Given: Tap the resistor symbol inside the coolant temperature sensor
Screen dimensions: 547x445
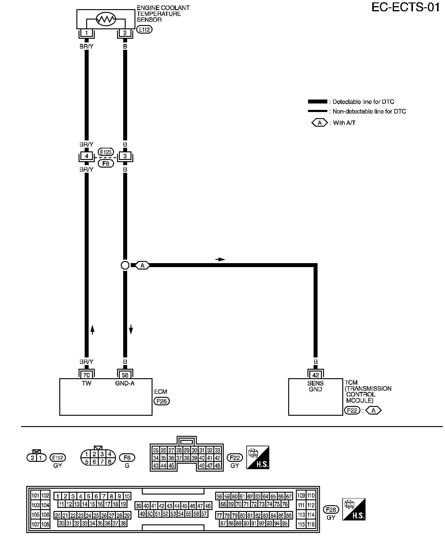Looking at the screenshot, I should [106, 20].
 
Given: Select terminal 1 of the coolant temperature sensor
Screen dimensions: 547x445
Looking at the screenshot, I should [86, 33].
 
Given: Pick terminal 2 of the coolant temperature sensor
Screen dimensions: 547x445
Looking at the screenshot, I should [125, 33].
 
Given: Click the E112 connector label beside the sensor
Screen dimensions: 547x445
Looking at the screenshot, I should [145, 30].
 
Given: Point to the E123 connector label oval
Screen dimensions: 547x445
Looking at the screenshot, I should [106, 152].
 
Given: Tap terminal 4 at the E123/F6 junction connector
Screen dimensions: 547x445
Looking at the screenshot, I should [87, 156].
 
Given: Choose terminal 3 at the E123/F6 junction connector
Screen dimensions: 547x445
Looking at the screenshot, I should [125, 156].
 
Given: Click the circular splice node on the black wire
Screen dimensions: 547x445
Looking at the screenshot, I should [125, 265].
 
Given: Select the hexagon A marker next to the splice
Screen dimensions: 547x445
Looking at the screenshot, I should [142, 266].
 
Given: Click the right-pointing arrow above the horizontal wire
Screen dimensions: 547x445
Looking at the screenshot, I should [220, 259].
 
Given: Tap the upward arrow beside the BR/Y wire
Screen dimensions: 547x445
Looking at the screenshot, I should [93, 330].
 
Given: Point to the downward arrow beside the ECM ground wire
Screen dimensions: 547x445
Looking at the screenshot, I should [131, 330].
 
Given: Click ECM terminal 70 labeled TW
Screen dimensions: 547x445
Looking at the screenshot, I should [86, 375].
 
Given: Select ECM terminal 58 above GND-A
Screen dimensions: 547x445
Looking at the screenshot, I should [125, 375].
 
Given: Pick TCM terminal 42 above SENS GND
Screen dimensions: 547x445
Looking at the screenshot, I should [315, 375].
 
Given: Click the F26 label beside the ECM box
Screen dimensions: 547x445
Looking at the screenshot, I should [161, 401].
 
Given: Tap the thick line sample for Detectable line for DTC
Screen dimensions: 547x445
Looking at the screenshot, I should [318, 102].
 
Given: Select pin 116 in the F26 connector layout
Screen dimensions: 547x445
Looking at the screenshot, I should [311, 524].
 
